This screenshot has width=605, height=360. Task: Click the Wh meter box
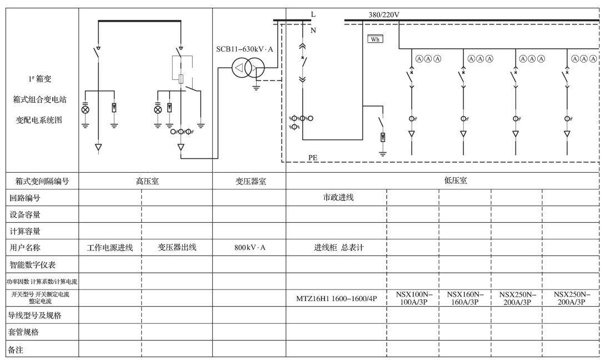coord(375,39)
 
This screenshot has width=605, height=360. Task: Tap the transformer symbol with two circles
coord(248,68)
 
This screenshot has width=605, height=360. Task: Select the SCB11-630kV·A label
coord(244,49)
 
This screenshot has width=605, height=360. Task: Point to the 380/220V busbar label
coord(384,14)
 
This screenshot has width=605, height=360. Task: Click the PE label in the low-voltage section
coord(313,157)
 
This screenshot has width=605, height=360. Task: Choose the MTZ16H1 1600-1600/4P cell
coord(337,298)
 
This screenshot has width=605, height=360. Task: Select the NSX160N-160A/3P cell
coord(465,298)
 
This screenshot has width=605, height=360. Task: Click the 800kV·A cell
coord(250,248)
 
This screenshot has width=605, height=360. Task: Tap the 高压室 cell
coord(147,181)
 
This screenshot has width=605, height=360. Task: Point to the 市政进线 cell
coord(338,198)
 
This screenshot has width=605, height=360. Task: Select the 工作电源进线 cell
coord(110,248)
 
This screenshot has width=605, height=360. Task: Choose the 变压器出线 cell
coord(177,247)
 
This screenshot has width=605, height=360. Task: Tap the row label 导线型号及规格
coord(35,315)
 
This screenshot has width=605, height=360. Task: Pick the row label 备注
coord(16,349)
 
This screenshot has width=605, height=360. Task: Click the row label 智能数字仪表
coord(32,264)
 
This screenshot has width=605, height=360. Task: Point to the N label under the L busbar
coord(313,30)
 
